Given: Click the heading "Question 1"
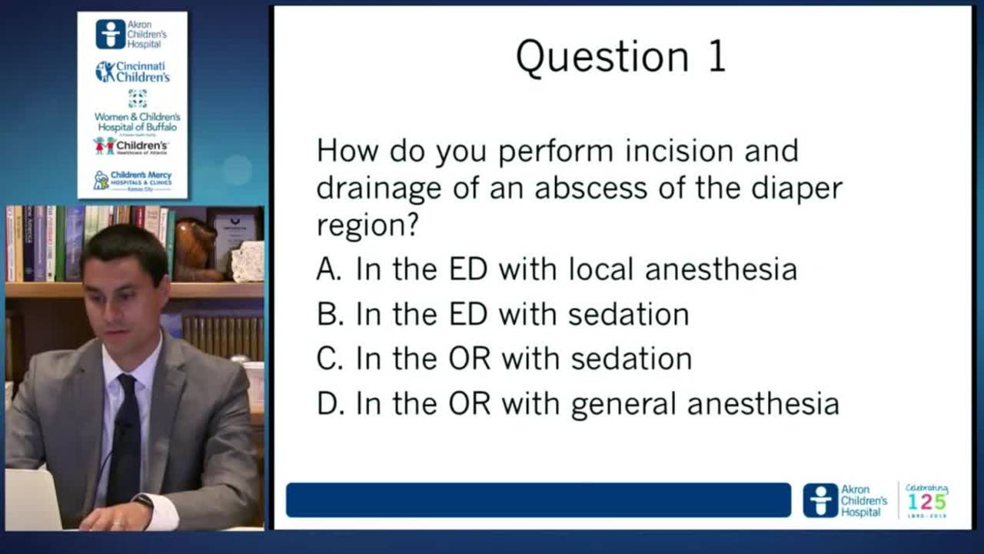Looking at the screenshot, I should (x=621, y=57).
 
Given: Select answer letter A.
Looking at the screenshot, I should (x=328, y=269).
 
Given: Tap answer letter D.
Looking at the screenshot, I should (x=329, y=404).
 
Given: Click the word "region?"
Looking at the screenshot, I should (x=367, y=225).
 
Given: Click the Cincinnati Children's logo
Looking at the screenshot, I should (x=132, y=72).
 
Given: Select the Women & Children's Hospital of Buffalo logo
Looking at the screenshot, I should (x=137, y=112).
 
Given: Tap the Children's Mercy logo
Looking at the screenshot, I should (x=132, y=180).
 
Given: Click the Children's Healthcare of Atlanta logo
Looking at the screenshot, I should (x=131, y=145).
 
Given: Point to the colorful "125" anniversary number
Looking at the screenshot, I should (x=926, y=501).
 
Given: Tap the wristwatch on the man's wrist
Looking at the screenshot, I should (x=143, y=501).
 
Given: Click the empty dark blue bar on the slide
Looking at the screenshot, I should (x=538, y=500).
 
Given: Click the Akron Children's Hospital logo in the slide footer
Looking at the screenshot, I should (x=845, y=500).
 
